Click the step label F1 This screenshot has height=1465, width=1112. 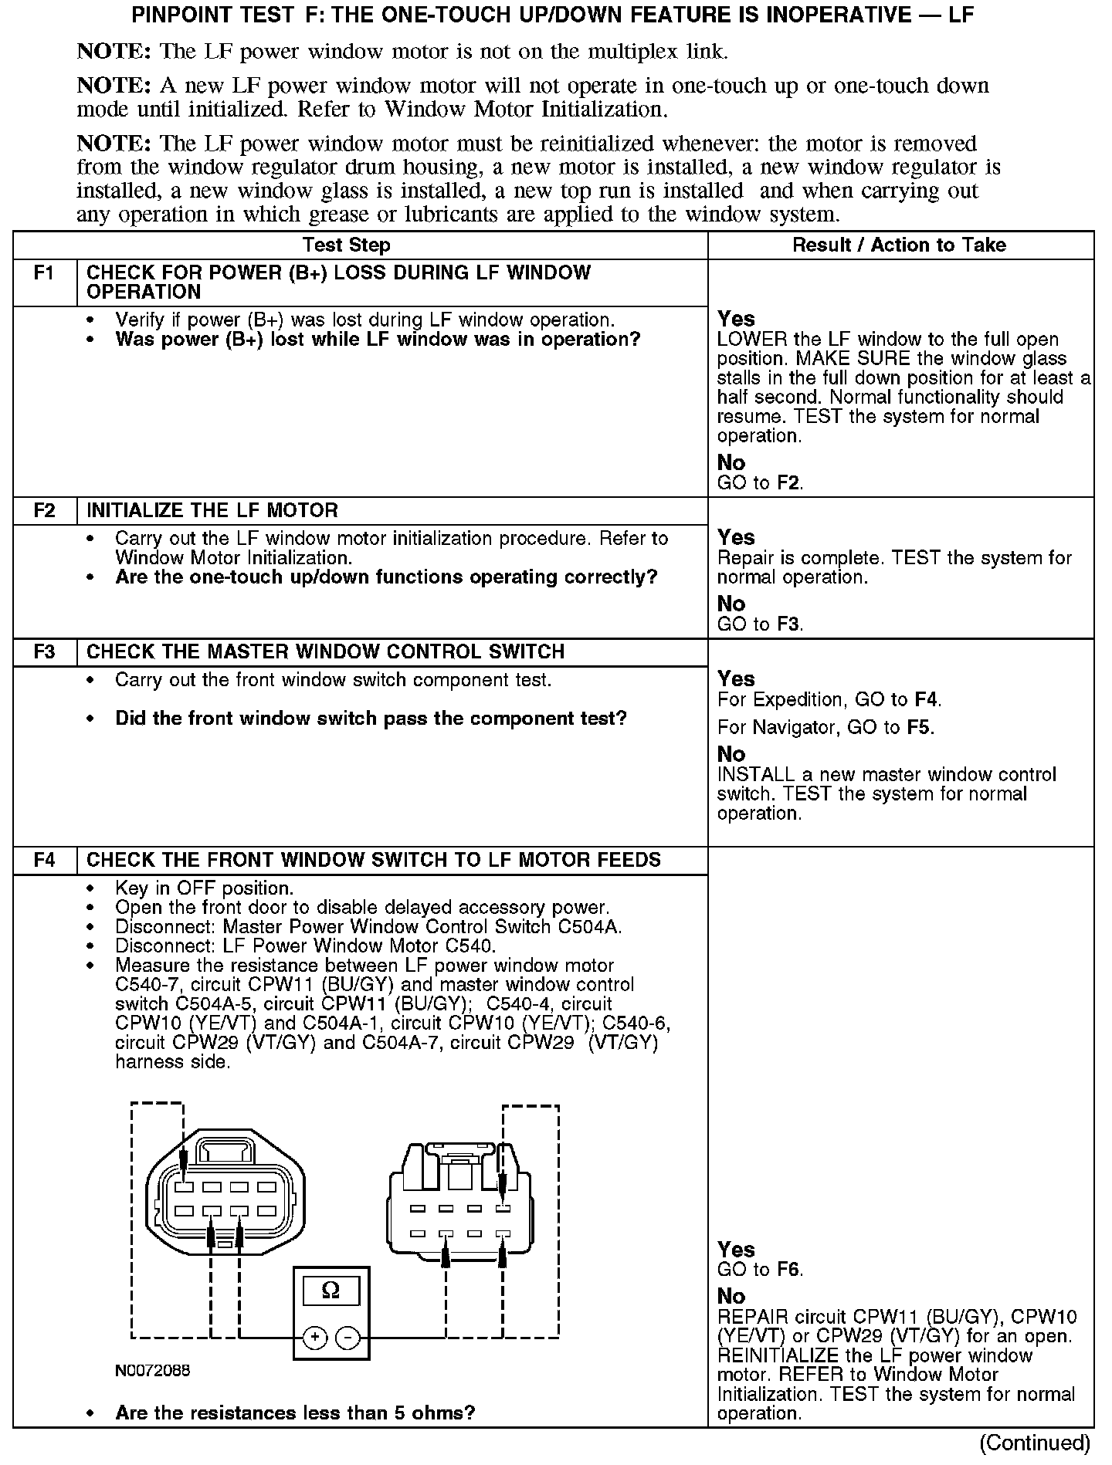(x=45, y=273)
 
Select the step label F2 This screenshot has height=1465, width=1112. (x=45, y=511)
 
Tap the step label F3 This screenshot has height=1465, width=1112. (x=45, y=652)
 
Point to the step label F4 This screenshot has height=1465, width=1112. (x=45, y=861)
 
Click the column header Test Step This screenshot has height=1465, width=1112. (x=347, y=245)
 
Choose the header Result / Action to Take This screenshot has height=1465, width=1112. (x=900, y=245)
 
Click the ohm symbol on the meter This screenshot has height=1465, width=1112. (x=331, y=1290)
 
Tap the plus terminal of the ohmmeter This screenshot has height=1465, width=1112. (x=314, y=1338)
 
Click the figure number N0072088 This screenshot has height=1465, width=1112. (x=153, y=1371)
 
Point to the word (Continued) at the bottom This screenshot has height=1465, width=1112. (x=1035, y=1443)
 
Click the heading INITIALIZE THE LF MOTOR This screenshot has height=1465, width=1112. (x=212, y=511)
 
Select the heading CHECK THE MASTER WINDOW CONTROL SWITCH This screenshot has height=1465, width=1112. (x=326, y=652)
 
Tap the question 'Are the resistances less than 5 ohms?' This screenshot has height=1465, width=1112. (x=295, y=1413)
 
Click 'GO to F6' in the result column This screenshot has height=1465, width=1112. (x=760, y=1270)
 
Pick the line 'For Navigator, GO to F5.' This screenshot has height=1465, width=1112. (x=826, y=728)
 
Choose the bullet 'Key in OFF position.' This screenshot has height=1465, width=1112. (x=205, y=888)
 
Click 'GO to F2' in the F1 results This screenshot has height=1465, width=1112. (x=760, y=484)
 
